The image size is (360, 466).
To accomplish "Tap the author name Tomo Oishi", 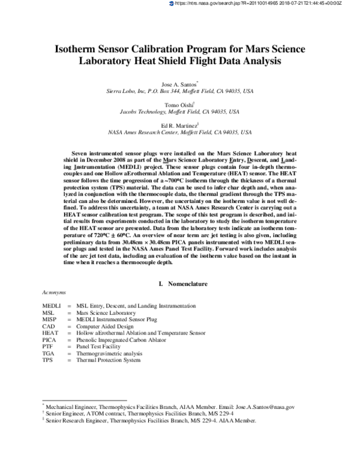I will (x=179, y=104).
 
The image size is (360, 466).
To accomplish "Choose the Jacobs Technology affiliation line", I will (x=180, y=112).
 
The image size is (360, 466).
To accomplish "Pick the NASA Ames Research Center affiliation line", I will (x=180, y=132).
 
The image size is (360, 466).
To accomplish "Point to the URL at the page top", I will (x=264, y=4).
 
